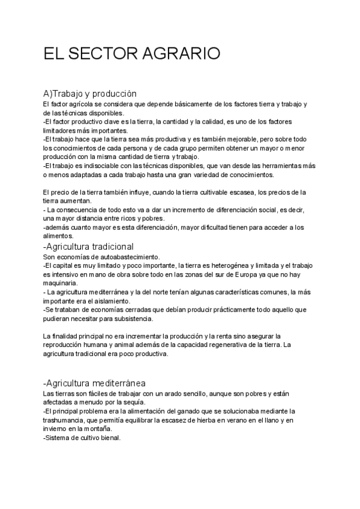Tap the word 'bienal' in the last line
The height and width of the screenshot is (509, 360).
pyautogui.click(x=110, y=438)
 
